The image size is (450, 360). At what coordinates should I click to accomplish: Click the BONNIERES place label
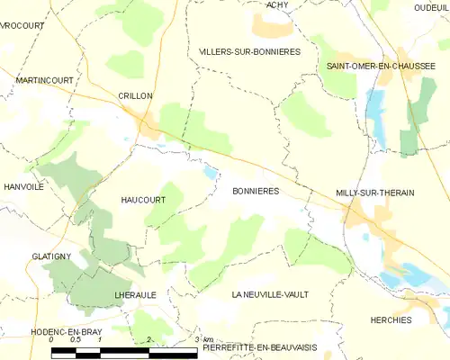(256, 192)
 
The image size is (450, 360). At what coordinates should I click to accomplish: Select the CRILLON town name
(135, 96)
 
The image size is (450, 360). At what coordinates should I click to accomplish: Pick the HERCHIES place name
(391, 320)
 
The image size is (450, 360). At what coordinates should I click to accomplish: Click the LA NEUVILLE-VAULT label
(269, 295)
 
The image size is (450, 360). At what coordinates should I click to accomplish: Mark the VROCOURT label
(22, 26)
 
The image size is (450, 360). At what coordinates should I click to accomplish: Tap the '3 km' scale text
(203, 339)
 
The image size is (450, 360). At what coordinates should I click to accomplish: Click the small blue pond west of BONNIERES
(211, 172)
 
